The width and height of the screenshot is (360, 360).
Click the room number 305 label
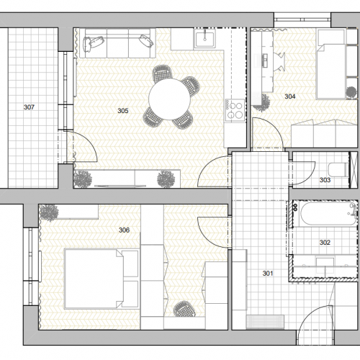point(123,111)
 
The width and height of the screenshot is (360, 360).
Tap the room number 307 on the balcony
point(29,107)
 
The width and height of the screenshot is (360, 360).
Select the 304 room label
point(290,96)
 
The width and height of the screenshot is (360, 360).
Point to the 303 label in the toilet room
point(325,180)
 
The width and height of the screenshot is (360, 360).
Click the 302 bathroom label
point(325,243)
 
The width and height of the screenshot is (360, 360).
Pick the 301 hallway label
point(268,274)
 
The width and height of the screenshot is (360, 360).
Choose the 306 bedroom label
point(124,230)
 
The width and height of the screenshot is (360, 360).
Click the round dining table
point(169,99)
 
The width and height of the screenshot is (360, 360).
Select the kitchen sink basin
point(204,39)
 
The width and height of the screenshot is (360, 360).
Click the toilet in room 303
point(338,169)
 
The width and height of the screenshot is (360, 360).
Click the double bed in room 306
point(102,279)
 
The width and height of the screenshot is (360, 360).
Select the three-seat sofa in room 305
point(117,43)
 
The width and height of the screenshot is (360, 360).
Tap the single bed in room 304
point(331,71)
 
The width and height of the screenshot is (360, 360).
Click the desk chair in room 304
point(279,62)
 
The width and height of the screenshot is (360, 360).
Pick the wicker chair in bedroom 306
point(184,309)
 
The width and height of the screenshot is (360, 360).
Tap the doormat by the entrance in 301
point(265,322)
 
